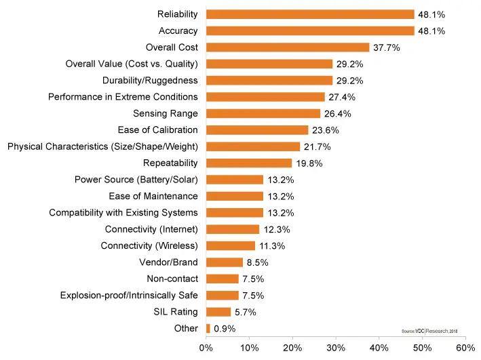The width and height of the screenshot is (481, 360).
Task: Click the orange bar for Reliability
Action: tap(309, 14)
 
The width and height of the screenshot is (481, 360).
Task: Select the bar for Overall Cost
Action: tap(288, 47)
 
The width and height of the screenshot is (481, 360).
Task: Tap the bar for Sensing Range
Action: tap(263, 113)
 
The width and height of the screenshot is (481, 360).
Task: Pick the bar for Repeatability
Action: tap(249, 163)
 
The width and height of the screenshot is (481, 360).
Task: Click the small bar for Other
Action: tap(208, 329)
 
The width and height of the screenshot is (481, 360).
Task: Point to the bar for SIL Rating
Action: tap(218, 312)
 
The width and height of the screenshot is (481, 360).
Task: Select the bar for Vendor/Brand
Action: tap(225, 262)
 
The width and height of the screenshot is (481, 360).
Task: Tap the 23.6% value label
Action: tap(326, 130)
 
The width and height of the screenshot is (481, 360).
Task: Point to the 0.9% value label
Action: tap(225, 329)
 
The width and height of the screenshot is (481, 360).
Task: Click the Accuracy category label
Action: tap(178, 31)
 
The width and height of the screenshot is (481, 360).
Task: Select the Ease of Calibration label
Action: tap(158, 130)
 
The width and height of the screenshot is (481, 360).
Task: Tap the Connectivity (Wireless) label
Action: tap(149, 246)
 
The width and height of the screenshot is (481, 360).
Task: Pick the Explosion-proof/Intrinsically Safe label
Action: tap(129, 296)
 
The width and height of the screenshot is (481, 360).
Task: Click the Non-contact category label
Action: tap(172, 279)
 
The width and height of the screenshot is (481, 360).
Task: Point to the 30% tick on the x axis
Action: tap(336, 347)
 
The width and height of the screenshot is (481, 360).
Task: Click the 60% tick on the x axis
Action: tap(465, 347)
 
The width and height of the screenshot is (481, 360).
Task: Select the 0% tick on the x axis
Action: tap(206, 347)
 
